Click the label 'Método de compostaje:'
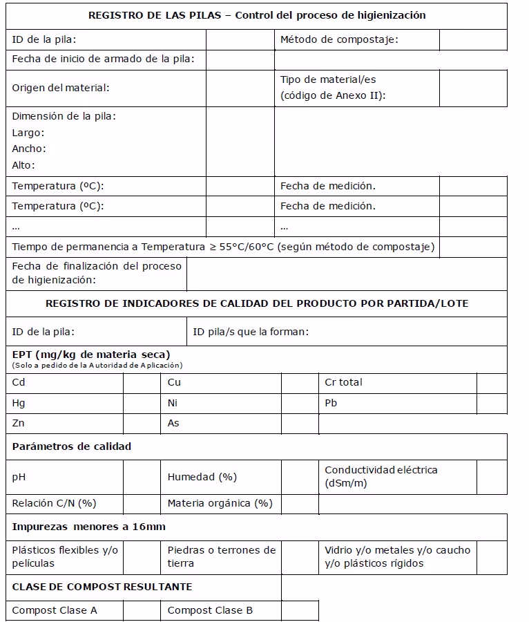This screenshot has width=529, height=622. click(338, 39)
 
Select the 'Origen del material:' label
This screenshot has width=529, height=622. click(61, 88)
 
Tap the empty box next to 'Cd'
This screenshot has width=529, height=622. click(142, 383)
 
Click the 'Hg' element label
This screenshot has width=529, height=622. click(19, 403)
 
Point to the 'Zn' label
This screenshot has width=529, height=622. click(18, 423)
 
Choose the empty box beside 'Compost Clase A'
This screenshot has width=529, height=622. click(142, 610)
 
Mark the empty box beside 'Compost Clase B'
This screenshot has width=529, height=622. click(300, 610)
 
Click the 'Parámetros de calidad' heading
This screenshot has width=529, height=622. click(72, 446)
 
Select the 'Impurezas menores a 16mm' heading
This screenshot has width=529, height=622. click(89, 527)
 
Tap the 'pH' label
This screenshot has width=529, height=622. click(19, 477)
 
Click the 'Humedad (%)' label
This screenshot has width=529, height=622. click(202, 477)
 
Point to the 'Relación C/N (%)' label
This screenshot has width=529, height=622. click(55, 503)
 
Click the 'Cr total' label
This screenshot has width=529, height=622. click(343, 382)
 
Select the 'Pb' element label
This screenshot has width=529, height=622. click(331, 403)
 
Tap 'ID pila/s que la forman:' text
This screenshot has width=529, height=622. click(251, 332)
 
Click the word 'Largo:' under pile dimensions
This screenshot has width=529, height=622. click(28, 132)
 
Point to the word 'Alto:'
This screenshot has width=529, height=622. click(23, 165)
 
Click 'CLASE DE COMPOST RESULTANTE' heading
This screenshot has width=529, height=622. click(102, 587)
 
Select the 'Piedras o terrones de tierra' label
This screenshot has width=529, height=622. click(221, 556)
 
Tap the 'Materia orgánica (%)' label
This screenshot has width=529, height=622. click(220, 503)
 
